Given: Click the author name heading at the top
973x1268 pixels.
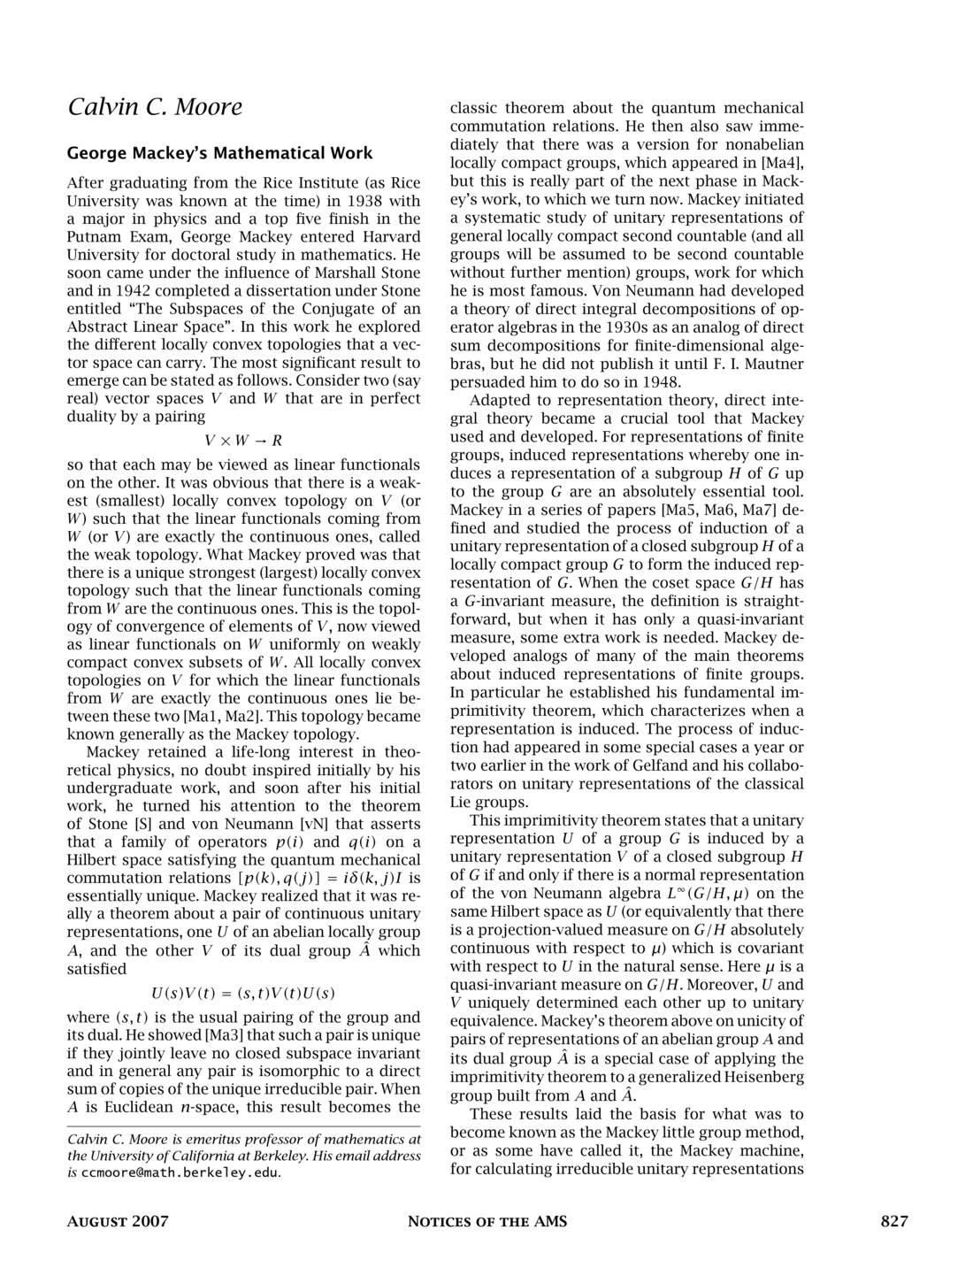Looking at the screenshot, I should coord(155,107).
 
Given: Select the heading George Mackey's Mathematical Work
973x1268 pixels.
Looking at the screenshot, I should coord(220,153).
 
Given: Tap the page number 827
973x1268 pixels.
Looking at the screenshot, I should coord(894,1222).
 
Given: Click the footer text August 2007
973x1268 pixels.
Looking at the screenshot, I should coord(118,1222).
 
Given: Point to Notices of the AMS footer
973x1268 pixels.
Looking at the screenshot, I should coord(486,1222).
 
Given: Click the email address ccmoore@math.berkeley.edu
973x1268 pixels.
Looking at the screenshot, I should coord(180,1173).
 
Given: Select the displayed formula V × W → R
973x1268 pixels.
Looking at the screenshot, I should coord(243,441).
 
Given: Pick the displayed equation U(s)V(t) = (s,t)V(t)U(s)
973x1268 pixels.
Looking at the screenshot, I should coord(243,993).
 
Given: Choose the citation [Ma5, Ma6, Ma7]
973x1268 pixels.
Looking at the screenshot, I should coord(722,511).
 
